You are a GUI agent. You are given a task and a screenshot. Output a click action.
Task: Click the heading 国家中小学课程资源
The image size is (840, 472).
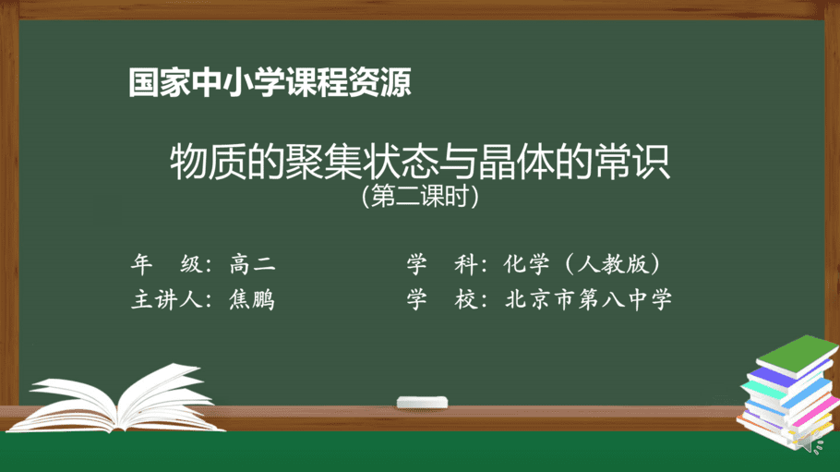pos(270,82)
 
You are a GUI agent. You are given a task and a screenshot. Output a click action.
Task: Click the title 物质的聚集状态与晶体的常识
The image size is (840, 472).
pos(420,161)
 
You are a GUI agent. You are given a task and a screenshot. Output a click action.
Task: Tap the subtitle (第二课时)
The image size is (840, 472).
pos(420,197)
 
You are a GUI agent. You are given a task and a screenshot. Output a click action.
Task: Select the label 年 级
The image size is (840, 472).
pos(166,264)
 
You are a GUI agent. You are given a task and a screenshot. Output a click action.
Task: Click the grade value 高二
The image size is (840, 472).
pos(252,264)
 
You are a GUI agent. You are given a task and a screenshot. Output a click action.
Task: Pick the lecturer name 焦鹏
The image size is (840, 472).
pos(252,299)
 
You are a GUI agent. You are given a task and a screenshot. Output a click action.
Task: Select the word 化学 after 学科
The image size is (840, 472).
pos(526,264)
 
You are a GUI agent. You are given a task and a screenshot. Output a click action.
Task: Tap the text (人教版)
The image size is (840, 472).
pos(612,264)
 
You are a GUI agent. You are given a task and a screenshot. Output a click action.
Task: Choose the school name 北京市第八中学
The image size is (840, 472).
pos(588,299)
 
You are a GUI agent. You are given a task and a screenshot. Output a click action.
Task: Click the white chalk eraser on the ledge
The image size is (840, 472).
pos(422,403)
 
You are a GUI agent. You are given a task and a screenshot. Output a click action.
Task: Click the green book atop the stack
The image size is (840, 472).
pos(798,355)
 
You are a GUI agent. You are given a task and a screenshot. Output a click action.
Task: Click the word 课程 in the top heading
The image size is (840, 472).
pos(317,82)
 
